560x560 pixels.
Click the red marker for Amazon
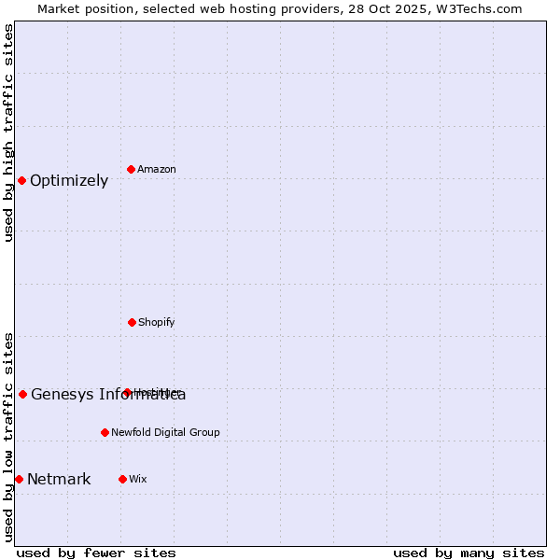click(132, 169)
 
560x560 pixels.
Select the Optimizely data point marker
click(21, 180)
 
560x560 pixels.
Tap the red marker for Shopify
click(132, 322)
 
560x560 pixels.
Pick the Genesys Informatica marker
click(22, 394)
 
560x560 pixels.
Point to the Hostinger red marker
click(127, 392)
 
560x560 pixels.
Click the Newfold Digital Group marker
click(105, 432)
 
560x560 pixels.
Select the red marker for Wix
click(122, 479)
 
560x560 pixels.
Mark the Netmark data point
click(19, 479)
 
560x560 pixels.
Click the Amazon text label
click(157, 169)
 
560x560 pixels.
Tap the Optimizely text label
click(69, 181)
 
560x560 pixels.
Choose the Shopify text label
click(157, 322)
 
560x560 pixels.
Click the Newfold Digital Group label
click(165, 432)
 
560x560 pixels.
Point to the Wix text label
click(138, 479)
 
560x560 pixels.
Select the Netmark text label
click(59, 480)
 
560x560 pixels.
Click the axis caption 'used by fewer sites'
click(96, 553)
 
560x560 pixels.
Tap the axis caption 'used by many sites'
click(469, 553)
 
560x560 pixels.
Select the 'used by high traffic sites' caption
click(9, 133)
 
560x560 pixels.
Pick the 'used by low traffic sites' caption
click(9, 436)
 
